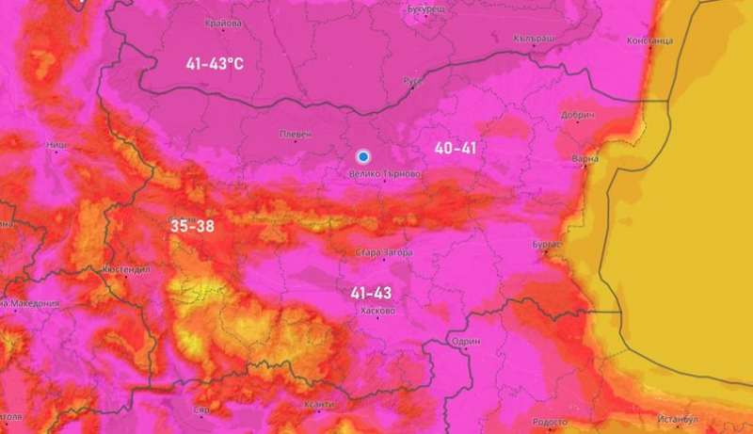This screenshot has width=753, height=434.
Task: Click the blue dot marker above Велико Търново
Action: click(363, 156)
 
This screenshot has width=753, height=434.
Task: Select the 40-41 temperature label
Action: click(457, 148)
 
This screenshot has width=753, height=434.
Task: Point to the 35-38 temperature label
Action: click(193, 226)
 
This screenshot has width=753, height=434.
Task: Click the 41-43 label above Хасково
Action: click(371, 294)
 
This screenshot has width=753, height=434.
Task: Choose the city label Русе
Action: click(414, 81)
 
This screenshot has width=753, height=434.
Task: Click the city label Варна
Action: click(585, 159)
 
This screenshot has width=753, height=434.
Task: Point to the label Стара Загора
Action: click(381, 252)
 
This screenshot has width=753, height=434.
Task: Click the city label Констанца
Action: click(649, 41)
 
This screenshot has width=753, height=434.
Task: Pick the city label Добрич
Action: click(578, 114)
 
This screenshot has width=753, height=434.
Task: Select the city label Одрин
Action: click(466, 342)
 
